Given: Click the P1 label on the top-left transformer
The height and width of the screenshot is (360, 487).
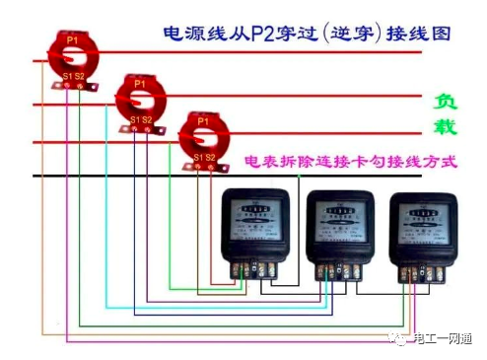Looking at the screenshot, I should pyautogui.click(x=72, y=38).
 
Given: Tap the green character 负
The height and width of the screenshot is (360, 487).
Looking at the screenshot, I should pyautogui.click(x=446, y=102).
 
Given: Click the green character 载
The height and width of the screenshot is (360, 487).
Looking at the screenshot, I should pyautogui.click(x=446, y=127).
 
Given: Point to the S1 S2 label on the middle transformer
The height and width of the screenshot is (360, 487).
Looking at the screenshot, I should pyautogui.click(x=139, y=120).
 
